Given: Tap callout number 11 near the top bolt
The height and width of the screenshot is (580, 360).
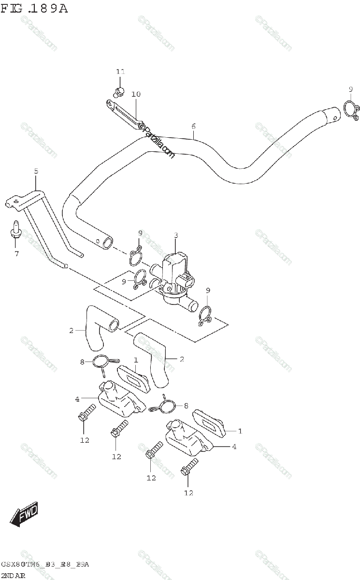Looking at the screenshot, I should pyautogui.click(x=120, y=72).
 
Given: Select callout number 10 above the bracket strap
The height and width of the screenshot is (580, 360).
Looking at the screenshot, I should pyautogui.click(x=136, y=94).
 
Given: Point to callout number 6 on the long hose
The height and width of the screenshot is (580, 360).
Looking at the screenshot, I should pyautogui.click(x=193, y=127).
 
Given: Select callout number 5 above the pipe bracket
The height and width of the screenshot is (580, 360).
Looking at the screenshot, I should pyautogui.click(x=36, y=171).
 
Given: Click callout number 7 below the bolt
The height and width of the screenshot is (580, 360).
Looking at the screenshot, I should pyautogui.click(x=16, y=253).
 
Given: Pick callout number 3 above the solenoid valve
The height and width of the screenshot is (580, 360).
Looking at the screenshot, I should pyautogui.click(x=176, y=235).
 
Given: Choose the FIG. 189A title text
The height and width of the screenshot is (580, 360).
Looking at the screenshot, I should pyautogui.click(x=35, y=8).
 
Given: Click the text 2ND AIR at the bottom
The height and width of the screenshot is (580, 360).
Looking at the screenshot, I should pyautogui.click(x=13, y=575).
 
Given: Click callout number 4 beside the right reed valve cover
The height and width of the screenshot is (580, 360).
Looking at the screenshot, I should pyautogui.click(x=234, y=447).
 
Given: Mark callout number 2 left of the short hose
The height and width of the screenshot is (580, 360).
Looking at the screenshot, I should pyautogui.click(x=71, y=331).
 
